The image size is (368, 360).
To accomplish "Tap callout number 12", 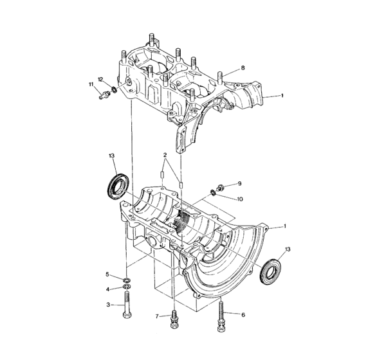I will [101, 79].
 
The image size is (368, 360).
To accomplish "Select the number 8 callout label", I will [243, 67].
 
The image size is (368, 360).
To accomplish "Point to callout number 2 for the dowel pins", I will [165, 155].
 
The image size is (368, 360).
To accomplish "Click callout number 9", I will [239, 183].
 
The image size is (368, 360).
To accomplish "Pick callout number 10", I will [240, 199].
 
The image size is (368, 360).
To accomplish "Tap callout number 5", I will [107, 274].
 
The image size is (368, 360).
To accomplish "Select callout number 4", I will [107, 289].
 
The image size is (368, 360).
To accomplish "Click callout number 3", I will [107, 305].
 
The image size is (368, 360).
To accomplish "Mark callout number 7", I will [156, 316].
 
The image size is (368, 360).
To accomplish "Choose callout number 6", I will [243, 315].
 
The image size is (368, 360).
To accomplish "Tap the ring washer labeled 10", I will [213, 193].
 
